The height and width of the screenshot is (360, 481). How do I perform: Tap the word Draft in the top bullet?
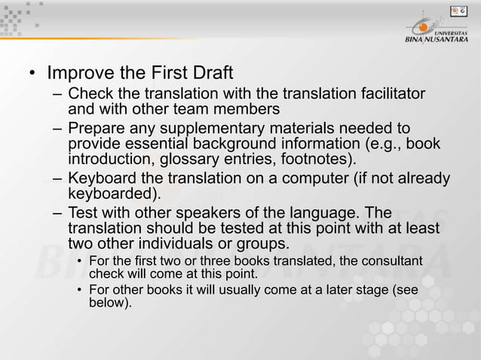tap(209, 75)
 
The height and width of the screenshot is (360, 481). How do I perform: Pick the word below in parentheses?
tap(110, 303)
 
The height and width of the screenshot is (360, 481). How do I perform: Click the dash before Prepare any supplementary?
tap(58, 128)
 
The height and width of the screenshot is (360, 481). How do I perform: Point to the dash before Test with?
tap(58, 212)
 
